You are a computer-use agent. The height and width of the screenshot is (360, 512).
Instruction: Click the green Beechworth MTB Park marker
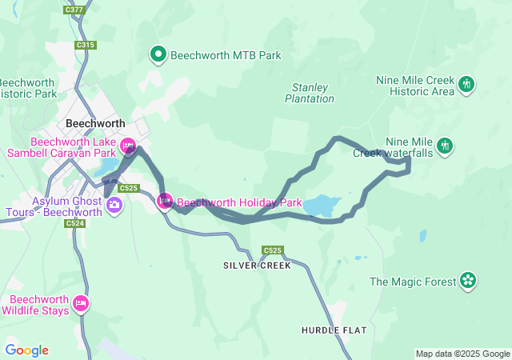[x=158, y=55]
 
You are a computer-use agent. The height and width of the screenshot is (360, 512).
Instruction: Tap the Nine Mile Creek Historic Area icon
[x=467, y=83]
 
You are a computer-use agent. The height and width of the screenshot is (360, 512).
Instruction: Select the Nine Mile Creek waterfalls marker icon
[x=446, y=146]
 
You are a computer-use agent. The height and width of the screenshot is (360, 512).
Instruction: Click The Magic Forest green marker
[x=468, y=281]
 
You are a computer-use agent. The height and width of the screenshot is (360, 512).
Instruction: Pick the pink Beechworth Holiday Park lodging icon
[x=165, y=202]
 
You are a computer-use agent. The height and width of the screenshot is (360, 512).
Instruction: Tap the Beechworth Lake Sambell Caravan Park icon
[x=128, y=146]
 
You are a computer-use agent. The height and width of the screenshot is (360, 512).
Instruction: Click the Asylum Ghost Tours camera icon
[x=114, y=206]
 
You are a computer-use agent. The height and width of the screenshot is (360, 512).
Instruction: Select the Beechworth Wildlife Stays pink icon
[x=80, y=303]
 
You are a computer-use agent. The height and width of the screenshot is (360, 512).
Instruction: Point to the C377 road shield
[x=74, y=10]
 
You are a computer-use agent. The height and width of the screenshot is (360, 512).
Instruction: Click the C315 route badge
[x=86, y=46]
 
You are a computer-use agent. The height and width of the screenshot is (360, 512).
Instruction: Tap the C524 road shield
[x=75, y=224]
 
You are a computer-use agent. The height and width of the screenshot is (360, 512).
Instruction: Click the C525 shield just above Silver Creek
[x=272, y=250]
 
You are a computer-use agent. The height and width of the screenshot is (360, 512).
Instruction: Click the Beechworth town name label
[x=95, y=124]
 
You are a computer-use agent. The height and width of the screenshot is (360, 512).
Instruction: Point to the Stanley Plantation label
[x=310, y=93]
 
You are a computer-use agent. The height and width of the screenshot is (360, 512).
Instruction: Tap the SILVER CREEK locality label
[x=258, y=266]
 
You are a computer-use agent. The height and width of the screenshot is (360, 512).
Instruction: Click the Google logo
[x=26, y=350]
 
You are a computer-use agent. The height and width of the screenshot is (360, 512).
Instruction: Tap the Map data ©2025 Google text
[x=462, y=354]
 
